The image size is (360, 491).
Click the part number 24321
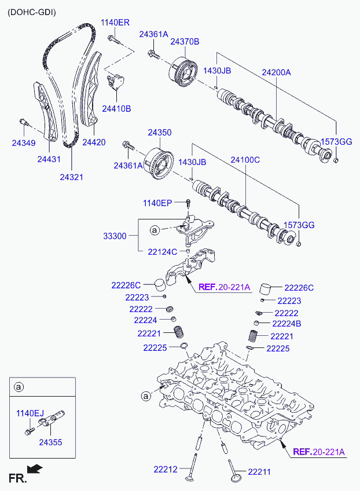coord(72,177)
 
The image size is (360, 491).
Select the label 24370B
coord(185,42)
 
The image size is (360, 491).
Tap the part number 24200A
coord(276,72)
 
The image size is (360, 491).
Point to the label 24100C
coord(245,160)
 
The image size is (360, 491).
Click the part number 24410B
coord(116,109)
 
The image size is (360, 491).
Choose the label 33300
coord(115,236)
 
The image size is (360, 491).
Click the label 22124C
coord(163,252)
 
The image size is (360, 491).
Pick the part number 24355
coord(51,442)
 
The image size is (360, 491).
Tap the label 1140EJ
coord(30,413)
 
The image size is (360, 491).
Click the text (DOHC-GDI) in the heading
coord(32,12)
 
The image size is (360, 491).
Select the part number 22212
coord(166,470)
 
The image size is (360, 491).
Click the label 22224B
coord(286,324)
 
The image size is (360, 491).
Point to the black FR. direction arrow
coord(35,468)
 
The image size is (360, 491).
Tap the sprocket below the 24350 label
coord(159,164)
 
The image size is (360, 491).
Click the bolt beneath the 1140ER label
coord(113,40)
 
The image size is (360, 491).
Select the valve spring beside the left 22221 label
coord(179,332)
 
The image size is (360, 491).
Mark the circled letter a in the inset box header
coord(19,387)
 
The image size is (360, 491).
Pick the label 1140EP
coord(157,203)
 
